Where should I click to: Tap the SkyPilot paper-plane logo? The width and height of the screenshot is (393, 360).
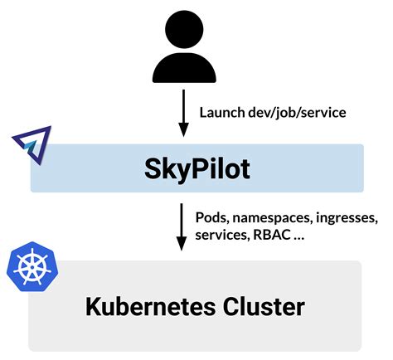(x=32, y=145)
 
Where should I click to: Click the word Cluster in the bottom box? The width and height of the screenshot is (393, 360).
(x=262, y=307)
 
